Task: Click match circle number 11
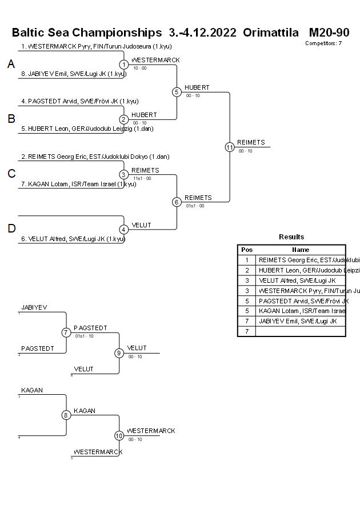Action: tap(230, 147)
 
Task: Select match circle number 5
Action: tap(177, 92)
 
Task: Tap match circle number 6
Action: tap(177, 202)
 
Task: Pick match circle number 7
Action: tap(66, 332)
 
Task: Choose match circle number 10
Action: tap(119, 435)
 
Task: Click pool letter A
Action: tap(11, 65)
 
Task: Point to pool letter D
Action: tap(11, 229)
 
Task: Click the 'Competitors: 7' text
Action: tap(323, 43)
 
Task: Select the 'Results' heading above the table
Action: tap(291, 237)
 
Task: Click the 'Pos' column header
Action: tap(247, 250)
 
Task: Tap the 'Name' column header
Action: tap(301, 250)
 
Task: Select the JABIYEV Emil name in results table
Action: tap(297, 321)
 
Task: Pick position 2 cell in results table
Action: tap(247, 270)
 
